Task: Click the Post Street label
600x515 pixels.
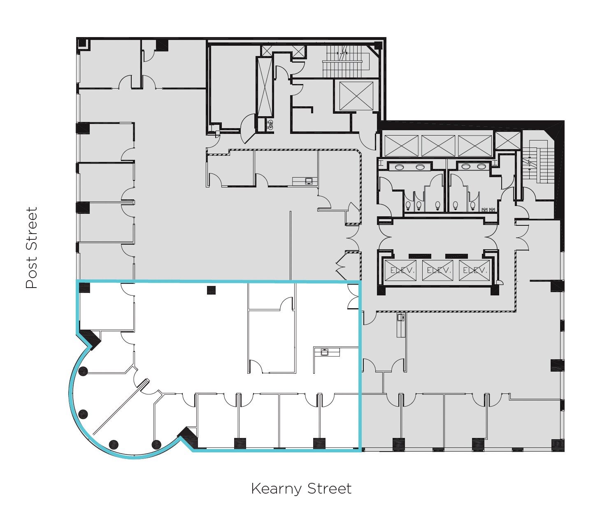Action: point(31,248)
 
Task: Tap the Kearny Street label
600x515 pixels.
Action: point(301,489)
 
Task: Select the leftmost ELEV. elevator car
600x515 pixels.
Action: point(400,271)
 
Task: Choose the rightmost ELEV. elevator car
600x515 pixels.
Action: point(474,271)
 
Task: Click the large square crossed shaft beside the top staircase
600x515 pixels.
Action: point(356,96)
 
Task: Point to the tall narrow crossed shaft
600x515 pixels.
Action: point(265,87)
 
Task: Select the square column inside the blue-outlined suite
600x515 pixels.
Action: point(211,290)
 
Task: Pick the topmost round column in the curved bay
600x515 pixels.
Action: point(83,371)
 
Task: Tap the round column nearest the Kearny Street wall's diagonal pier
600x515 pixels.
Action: point(156,445)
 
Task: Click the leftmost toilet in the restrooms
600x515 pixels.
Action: point(408,205)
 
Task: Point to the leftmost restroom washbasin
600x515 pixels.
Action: point(399,167)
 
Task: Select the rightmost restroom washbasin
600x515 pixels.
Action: point(481,166)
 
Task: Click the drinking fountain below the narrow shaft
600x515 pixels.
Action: point(270,124)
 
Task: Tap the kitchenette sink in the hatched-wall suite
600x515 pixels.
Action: point(308,180)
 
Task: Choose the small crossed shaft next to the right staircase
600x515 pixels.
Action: point(507,140)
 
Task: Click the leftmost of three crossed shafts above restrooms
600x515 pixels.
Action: point(401,145)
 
